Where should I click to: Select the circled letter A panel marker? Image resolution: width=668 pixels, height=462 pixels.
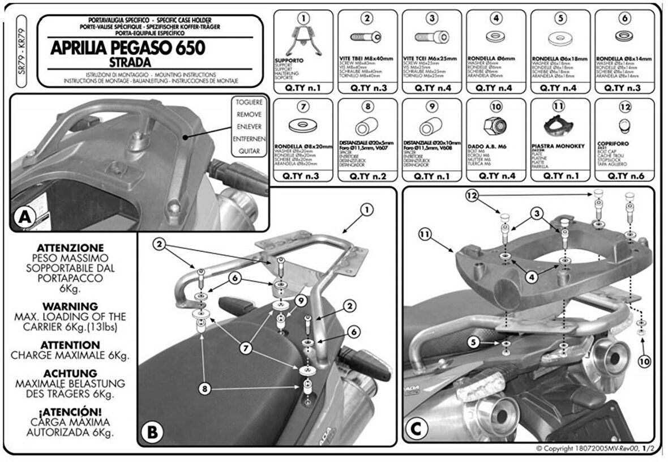coord(26,217)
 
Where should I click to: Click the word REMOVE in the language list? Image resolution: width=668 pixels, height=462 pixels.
coord(249,114)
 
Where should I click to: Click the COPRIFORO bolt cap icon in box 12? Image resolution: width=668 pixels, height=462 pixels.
coord(624,125)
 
